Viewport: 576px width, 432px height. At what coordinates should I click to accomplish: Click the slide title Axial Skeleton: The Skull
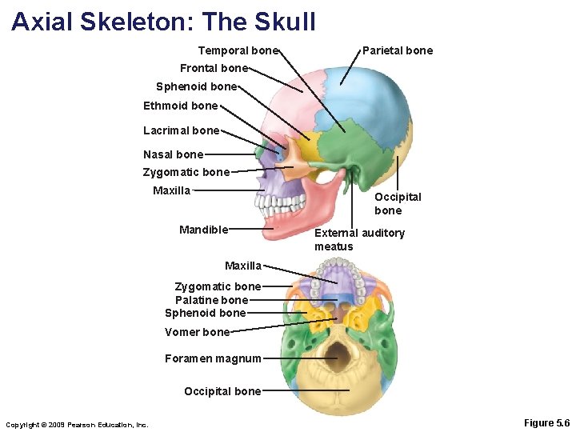[163, 21]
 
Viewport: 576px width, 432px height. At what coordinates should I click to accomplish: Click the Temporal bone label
[238, 50]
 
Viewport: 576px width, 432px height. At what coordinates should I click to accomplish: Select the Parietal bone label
[398, 50]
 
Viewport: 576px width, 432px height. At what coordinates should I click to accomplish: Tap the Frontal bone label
[214, 68]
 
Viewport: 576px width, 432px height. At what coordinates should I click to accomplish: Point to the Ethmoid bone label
[180, 106]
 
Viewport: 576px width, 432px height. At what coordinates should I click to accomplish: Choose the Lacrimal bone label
[181, 130]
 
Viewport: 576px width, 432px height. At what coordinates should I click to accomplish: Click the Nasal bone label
[173, 154]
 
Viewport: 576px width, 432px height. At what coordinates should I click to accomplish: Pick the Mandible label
[204, 230]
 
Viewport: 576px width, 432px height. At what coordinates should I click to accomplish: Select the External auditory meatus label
[359, 239]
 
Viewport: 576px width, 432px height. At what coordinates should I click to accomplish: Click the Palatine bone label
[211, 300]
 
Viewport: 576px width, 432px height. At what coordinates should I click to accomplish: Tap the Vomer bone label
[197, 332]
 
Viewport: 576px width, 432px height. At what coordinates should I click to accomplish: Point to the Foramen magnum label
[213, 358]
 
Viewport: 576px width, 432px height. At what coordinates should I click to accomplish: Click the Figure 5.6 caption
[546, 422]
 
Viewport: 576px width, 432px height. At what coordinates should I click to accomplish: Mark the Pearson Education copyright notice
[77, 424]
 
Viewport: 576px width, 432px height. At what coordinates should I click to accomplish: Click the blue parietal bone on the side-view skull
[376, 96]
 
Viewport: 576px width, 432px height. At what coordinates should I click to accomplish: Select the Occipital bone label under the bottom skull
[222, 391]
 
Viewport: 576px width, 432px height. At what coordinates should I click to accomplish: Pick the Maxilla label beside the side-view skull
[171, 190]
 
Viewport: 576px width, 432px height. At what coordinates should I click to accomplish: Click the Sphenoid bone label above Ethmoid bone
[196, 86]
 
